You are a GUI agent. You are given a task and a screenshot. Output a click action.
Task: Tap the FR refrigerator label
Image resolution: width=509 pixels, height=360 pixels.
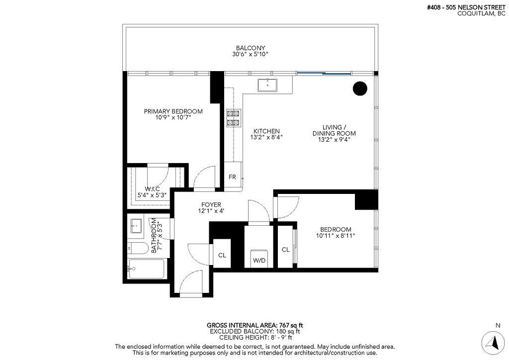pyautogui.click(x=232, y=177)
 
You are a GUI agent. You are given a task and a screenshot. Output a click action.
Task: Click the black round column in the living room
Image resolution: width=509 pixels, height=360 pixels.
pyautogui.click(x=359, y=89)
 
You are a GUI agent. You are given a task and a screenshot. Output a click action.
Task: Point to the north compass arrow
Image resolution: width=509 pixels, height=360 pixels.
pyautogui.click(x=494, y=342)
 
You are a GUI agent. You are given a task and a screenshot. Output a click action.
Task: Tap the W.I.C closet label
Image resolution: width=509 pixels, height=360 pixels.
pyautogui.click(x=152, y=188)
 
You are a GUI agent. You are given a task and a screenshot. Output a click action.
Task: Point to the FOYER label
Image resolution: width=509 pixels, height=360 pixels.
pyautogui.click(x=211, y=205)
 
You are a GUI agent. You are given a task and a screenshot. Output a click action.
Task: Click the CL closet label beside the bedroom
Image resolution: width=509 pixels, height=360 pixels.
pyautogui.click(x=285, y=250)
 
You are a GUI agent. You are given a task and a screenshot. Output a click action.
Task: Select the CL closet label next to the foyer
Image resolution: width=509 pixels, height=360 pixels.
pyautogui.click(x=222, y=255)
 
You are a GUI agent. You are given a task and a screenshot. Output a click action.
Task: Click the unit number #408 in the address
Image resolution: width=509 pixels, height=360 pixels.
pyautogui.click(x=434, y=7)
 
